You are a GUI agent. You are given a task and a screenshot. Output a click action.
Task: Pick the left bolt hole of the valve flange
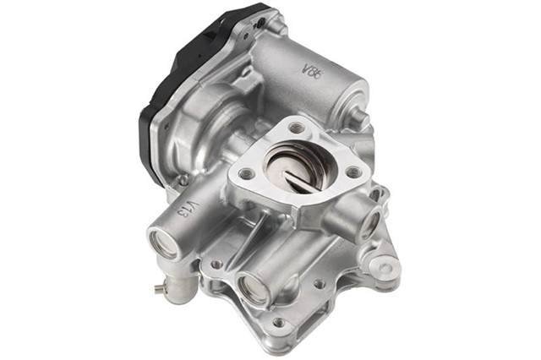point(245,173)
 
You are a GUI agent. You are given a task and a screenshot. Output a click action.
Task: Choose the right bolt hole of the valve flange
point(353,172)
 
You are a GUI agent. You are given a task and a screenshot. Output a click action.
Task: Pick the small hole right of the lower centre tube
point(319,283)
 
